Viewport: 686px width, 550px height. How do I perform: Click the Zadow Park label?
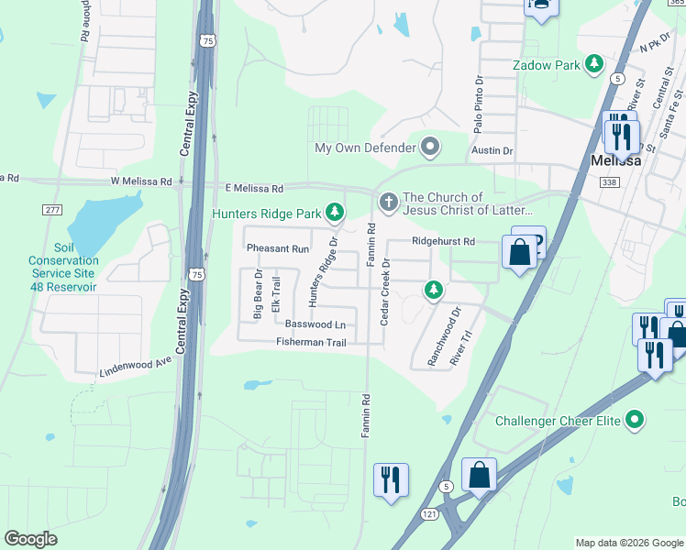pyautogui.click(x=547, y=65)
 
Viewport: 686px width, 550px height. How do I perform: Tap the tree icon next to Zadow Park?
pyautogui.click(x=595, y=64)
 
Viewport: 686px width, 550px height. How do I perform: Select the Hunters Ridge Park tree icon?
pyautogui.click(x=336, y=214)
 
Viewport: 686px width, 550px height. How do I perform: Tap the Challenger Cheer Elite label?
pyautogui.click(x=559, y=421)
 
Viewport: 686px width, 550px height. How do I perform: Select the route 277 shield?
pyautogui.click(x=51, y=210)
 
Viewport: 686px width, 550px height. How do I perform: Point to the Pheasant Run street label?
pyautogui.click(x=278, y=248)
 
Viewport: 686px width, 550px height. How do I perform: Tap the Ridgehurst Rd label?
pyautogui.click(x=443, y=241)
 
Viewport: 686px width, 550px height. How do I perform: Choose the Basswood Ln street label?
pyautogui.click(x=315, y=324)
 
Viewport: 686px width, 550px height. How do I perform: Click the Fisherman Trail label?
pyautogui.click(x=310, y=342)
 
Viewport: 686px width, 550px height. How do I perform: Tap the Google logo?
pyautogui.click(x=31, y=538)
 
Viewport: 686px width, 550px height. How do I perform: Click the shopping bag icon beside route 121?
pyautogui.click(x=479, y=475)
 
